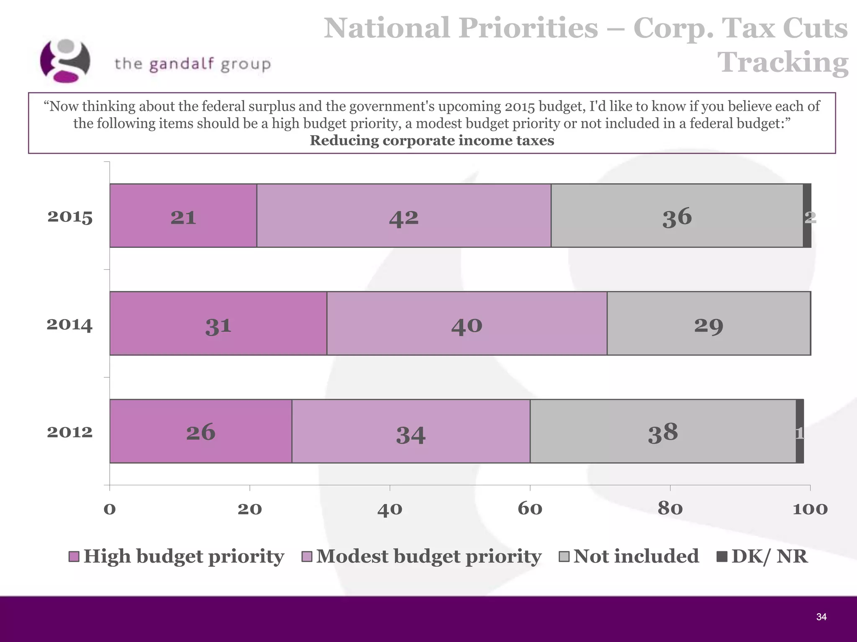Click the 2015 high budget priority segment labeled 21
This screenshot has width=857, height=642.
tap(183, 216)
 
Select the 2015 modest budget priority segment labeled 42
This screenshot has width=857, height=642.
tap(403, 216)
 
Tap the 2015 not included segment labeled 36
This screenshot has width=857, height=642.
tap(677, 216)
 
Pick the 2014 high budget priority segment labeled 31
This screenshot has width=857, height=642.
tap(218, 324)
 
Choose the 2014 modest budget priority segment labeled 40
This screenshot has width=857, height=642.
tap(467, 324)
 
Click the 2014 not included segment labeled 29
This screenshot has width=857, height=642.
tap(708, 324)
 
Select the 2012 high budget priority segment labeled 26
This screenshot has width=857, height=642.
tap(200, 431)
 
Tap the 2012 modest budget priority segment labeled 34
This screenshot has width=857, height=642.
tap(411, 431)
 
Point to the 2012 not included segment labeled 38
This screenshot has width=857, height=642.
tap(663, 431)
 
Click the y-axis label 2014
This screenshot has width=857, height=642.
tap(69, 324)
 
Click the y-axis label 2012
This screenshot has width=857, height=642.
tap(69, 432)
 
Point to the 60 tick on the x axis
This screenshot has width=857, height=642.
tap(530, 509)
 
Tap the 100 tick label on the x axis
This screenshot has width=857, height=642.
tap(810, 509)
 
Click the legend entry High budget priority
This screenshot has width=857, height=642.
tap(177, 556)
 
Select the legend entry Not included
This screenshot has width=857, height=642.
tap(629, 556)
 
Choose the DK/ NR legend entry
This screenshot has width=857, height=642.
tap(762, 556)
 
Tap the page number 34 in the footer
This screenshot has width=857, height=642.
tap(821, 617)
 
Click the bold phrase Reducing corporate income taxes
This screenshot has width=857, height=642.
tap(431, 140)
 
